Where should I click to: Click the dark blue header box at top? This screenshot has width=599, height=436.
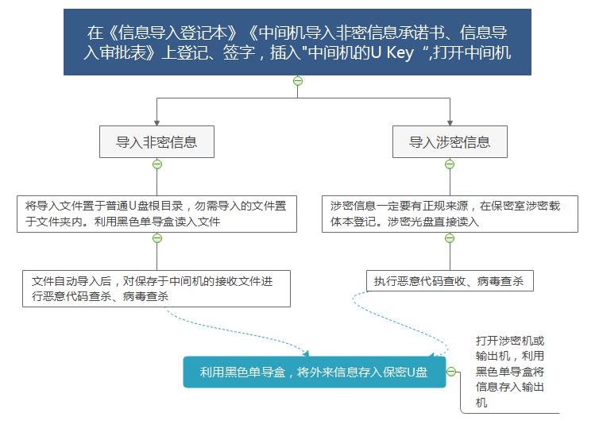point(297,42)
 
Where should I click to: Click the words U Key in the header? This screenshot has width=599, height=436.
point(392,52)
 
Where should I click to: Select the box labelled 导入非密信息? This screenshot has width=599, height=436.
point(157,141)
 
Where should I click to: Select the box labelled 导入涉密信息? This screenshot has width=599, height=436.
point(450,141)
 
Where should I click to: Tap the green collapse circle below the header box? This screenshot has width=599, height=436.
point(298,81)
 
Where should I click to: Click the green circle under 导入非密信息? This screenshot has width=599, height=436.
point(157,164)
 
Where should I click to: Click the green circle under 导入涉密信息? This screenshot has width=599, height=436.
point(450,164)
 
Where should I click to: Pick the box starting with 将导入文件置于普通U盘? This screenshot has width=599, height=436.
point(157,214)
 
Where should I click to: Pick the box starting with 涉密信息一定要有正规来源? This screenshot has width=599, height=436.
point(450,214)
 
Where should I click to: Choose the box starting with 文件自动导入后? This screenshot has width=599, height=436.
point(157,288)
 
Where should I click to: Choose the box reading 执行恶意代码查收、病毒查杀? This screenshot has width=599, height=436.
point(450,281)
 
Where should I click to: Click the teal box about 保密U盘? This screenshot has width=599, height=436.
point(315,372)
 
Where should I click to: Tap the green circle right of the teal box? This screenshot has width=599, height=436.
point(451,372)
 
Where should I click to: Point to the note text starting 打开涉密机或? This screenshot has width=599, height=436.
point(509,371)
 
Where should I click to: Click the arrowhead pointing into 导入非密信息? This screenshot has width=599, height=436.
point(157,122)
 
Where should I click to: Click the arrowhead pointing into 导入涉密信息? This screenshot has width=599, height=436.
point(450,122)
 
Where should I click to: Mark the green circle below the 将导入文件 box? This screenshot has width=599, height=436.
point(157,238)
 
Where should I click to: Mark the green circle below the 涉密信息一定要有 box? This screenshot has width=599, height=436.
point(450,238)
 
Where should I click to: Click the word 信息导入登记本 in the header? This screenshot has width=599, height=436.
point(172,33)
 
